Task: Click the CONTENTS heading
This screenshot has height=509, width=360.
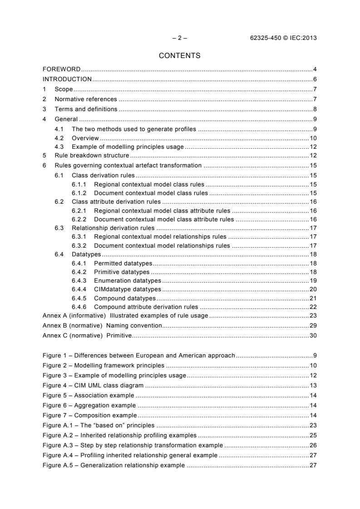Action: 179,56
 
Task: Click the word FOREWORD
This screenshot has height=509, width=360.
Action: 61,69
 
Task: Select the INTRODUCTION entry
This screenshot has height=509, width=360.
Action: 67,78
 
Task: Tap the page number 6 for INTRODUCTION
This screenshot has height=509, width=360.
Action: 315,78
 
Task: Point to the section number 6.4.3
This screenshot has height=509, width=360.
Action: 79,281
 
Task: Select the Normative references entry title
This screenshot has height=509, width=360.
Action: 85,99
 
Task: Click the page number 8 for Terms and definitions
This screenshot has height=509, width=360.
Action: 315,109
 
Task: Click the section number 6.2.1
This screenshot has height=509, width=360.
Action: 79,210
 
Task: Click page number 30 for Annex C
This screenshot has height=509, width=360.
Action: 313,336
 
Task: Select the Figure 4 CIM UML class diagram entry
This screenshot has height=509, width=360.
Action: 93,385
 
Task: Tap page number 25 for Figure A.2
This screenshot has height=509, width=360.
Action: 313,436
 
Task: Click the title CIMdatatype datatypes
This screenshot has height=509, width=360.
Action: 128,289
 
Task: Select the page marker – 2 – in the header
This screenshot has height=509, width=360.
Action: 180,38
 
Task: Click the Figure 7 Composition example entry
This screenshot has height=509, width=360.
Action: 89,415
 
